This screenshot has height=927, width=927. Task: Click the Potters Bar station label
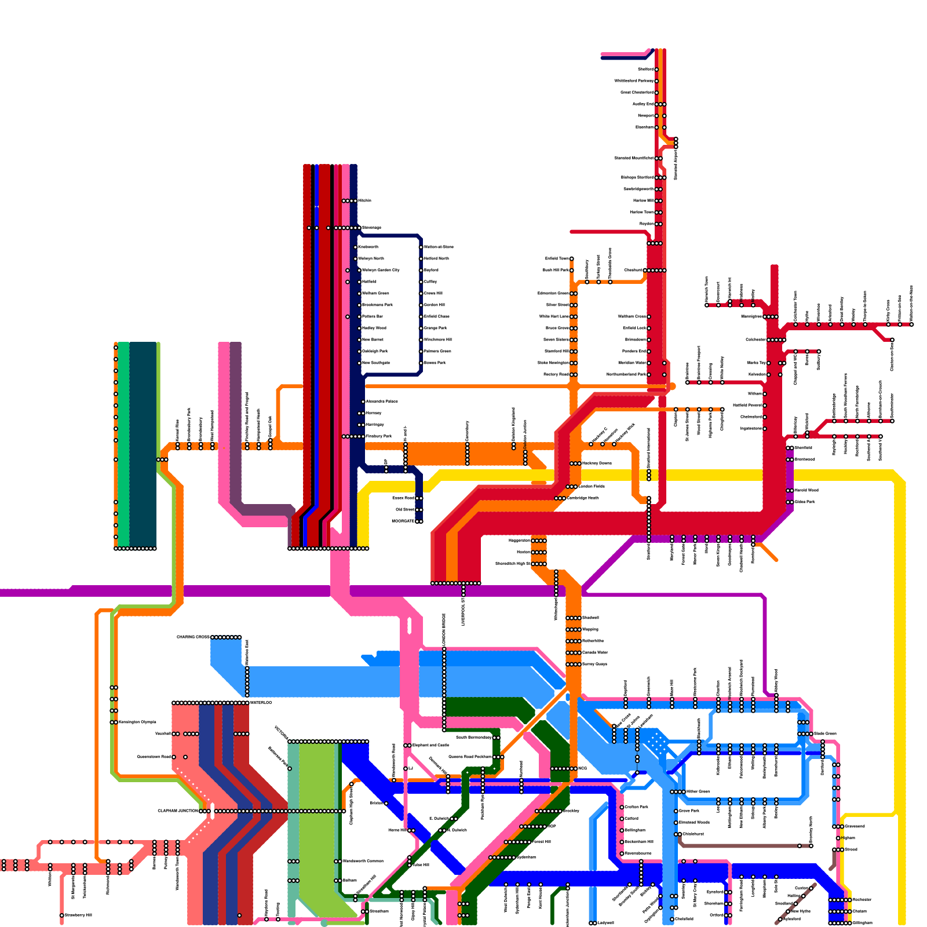click(x=372, y=316)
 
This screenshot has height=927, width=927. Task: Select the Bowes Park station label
click(x=435, y=363)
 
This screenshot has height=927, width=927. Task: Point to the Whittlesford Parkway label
click(x=634, y=81)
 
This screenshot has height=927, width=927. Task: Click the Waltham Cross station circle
click(x=649, y=316)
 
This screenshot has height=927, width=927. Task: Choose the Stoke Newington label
click(x=553, y=363)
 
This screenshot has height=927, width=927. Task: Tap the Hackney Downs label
click(x=597, y=463)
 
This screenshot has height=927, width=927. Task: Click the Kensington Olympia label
click(x=137, y=722)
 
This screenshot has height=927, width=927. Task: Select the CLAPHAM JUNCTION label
click(x=178, y=811)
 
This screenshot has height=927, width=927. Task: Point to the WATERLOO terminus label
click(x=261, y=703)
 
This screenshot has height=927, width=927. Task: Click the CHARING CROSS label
click(x=193, y=637)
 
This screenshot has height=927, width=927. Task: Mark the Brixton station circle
click(x=386, y=804)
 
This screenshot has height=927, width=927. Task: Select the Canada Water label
click(x=595, y=652)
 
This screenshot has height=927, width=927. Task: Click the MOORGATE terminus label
click(x=403, y=521)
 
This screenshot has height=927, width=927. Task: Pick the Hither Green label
click(x=698, y=791)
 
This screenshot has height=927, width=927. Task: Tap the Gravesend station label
click(x=855, y=826)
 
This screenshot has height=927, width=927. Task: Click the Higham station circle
click(x=838, y=838)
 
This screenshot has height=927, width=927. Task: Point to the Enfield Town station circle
click(x=572, y=258)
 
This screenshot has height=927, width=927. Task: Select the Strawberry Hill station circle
click(x=62, y=915)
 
